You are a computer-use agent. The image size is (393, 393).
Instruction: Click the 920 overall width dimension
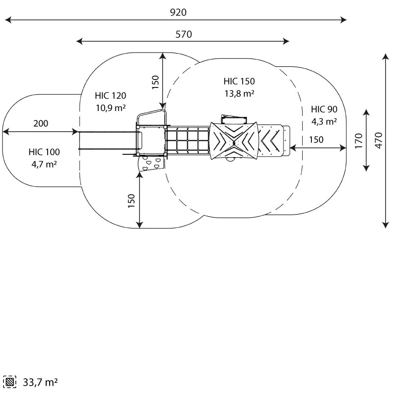pyautogui.click(x=178, y=12)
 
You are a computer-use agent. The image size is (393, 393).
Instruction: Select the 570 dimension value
pyautogui.click(x=184, y=34)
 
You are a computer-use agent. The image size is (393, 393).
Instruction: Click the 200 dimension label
pyautogui.click(x=41, y=123)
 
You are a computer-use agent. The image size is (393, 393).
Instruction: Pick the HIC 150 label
pyautogui.click(x=239, y=82)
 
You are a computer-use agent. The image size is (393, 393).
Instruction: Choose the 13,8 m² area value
pyautogui.click(x=239, y=93)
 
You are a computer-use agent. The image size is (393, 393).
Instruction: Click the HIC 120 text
pyautogui.click(x=111, y=96)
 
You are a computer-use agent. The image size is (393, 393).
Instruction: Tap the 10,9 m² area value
pyautogui.click(x=111, y=108)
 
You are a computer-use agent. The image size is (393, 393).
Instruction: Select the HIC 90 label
pyautogui.click(x=324, y=110)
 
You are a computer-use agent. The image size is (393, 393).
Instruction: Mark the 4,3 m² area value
pyautogui.click(x=324, y=121)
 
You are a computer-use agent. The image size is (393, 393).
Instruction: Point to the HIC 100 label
pyautogui.click(x=44, y=152)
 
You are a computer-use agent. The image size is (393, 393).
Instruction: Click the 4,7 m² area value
pyautogui.click(x=44, y=164)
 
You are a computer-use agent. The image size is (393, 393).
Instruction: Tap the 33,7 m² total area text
pyautogui.click(x=40, y=382)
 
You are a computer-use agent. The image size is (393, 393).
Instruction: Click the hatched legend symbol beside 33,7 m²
pyautogui.click(x=10, y=382)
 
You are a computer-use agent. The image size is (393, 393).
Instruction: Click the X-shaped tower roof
pyautogui.click(x=234, y=141)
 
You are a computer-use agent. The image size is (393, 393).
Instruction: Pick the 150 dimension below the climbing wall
pyautogui.click(x=131, y=200)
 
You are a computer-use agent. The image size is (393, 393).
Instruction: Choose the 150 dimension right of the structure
pyautogui.click(x=316, y=140)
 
